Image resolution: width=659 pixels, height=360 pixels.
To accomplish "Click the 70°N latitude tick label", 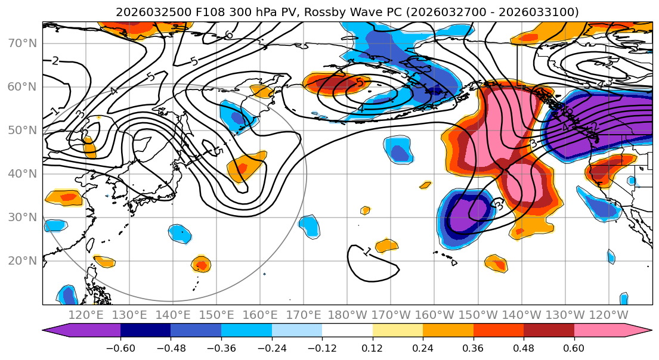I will point(21,43).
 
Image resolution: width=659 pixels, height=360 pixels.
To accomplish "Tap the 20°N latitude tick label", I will point(21,260).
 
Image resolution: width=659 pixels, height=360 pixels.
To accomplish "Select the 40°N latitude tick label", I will point(21,173).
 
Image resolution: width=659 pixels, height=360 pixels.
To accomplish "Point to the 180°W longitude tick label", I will point(346,315).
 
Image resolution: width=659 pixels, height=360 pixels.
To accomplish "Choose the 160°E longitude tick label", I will point(260,315).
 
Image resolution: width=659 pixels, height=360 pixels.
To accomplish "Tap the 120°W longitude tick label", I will point(608,315).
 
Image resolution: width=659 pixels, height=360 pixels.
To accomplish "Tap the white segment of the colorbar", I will point(347,331).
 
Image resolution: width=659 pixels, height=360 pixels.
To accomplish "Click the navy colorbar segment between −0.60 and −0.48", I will point(146,331).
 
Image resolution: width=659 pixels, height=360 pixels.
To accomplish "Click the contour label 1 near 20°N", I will point(367,252).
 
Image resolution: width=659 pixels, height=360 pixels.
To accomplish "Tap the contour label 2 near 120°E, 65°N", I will point(55,60).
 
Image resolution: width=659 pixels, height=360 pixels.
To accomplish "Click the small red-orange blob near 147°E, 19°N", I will point(201,264).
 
